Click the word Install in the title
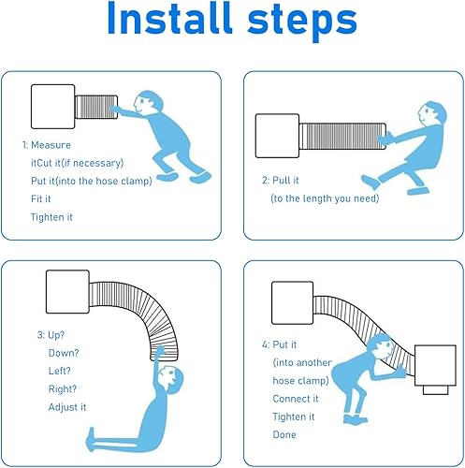pyautogui.click(x=170, y=19)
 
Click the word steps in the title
pyautogui.click(x=302, y=22)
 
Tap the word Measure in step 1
pyautogui.click(x=51, y=145)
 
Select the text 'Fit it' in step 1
pyautogui.click(x=40, y=198)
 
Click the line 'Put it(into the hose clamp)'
pyautogui.click(x=92, y=181)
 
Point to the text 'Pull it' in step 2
pyautogui.click(x=285, y=180)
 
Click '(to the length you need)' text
pyautogui.click(x=325, y=198)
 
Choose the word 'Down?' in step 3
pyautogui.click(x=64, y=353)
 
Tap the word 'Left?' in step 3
pyautogui.click(x=60, y=371)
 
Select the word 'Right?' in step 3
pyautogui.click(x=63, y=389)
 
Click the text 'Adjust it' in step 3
pyautogui.click(x=67, y=407)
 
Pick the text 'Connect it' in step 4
pyautogui.click(x=296, y=399)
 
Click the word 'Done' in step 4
pyautogui.click(x=284, y=434)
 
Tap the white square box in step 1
pyautogui.click(x=53, y=107)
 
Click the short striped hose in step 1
pyautogui.click(x=96, y=107)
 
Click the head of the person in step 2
pyautogui.click(x=431, y=114)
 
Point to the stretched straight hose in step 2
pyautogui.click(x=342, y=136)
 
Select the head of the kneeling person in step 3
pyautogui.click(x=170, y=379)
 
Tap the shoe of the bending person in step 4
pyautogui.click(x=356, y=419)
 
